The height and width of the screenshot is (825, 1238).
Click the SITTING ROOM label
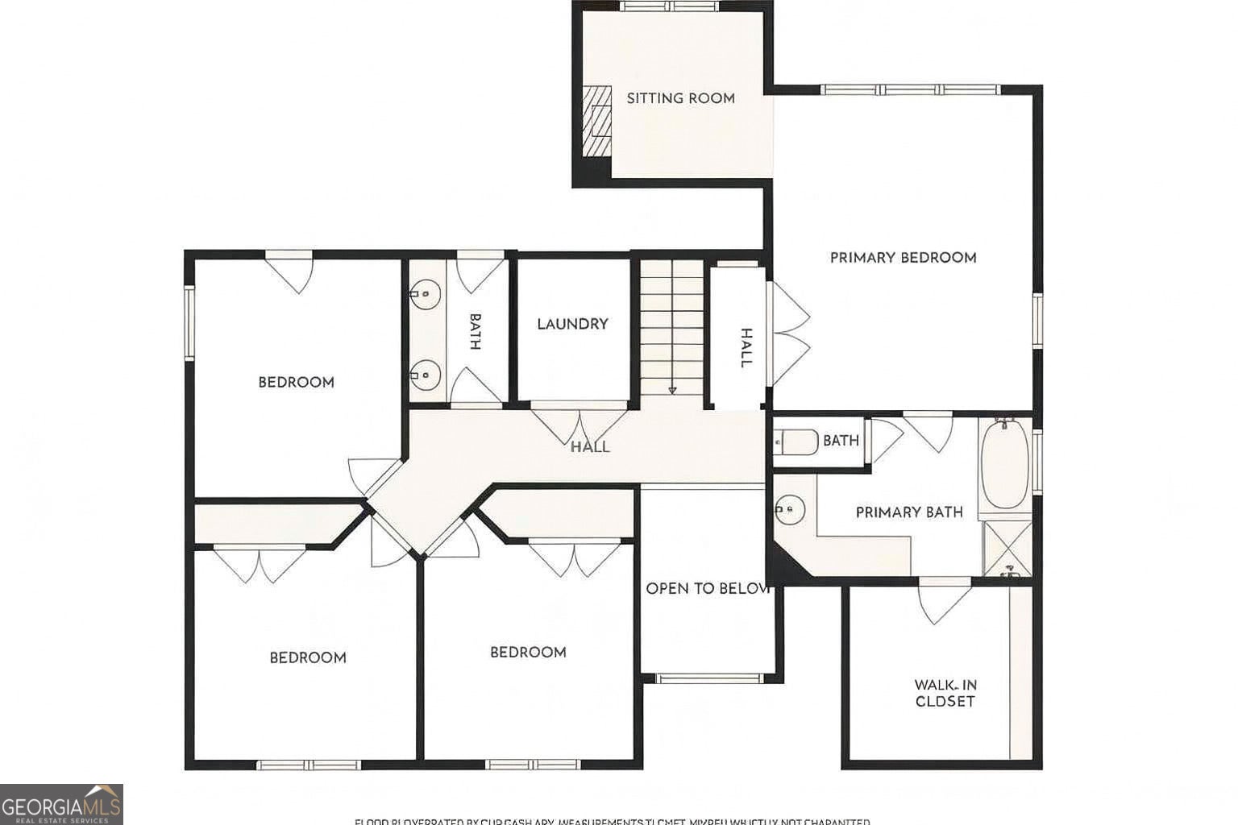coord(680,98)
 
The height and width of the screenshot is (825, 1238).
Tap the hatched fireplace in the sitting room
coord(597,121)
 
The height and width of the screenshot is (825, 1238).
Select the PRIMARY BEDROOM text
coord(903,258)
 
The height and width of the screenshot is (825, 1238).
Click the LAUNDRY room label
coord(572,324)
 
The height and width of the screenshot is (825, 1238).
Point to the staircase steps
coord(672,322)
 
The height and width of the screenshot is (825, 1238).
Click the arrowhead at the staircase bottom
coord(672,391)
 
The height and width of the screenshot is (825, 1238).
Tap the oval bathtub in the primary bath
coord(1004,462)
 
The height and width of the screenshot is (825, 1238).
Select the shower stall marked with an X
coord(1007,549)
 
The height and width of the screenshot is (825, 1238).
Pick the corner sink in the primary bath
coord(790,508)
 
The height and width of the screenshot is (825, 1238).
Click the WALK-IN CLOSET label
coord(945,693)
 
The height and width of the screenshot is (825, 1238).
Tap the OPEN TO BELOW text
coord(708,589)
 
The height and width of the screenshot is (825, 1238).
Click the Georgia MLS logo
coord(61,804)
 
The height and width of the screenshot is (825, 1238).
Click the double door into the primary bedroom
coord(790,333)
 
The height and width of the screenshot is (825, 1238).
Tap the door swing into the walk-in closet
coord(943,601)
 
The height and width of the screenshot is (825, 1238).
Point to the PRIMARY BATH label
coord(908,512)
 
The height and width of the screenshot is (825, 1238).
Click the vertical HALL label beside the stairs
coord(746,348)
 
